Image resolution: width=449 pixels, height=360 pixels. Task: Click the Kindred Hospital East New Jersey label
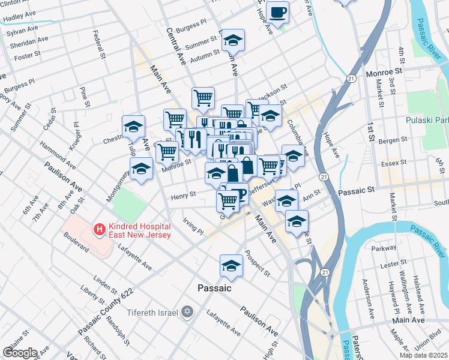(140, 230)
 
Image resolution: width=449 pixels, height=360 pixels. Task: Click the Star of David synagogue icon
(187, 313)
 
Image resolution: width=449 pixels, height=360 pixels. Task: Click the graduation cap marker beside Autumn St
(233, 41)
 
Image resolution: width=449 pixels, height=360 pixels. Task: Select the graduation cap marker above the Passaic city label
(231, 265)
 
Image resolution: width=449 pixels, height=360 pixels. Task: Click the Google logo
(20, 353)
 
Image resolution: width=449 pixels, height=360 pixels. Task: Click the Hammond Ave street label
(58, 155)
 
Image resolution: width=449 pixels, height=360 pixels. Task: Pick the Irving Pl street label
(193, 227)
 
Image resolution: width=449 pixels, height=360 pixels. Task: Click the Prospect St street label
(258, 263)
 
